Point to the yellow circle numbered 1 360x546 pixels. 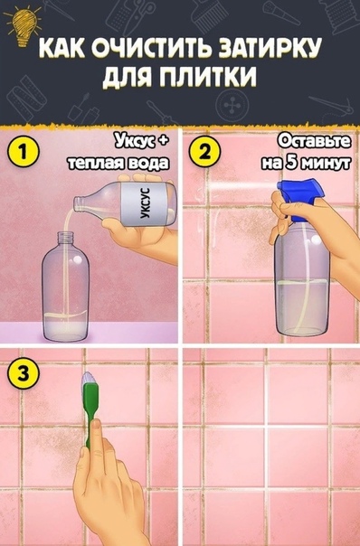pos(23,153)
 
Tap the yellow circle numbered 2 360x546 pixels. pos(205,153)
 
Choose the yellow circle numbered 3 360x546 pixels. pos(23,375)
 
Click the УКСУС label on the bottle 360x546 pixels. pos(145,203)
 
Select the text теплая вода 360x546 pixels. pos(119,163)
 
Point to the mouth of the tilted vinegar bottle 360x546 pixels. pos(78,203)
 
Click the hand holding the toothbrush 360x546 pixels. pos(108,487)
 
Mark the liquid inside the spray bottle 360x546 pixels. pos(302,306)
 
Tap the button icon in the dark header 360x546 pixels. pos(230,105)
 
